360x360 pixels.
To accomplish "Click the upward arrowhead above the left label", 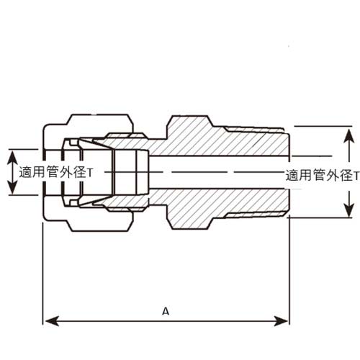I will point(12,153).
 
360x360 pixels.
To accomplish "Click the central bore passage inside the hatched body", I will point(216,172).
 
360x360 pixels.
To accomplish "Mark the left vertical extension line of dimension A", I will point(44,274).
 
